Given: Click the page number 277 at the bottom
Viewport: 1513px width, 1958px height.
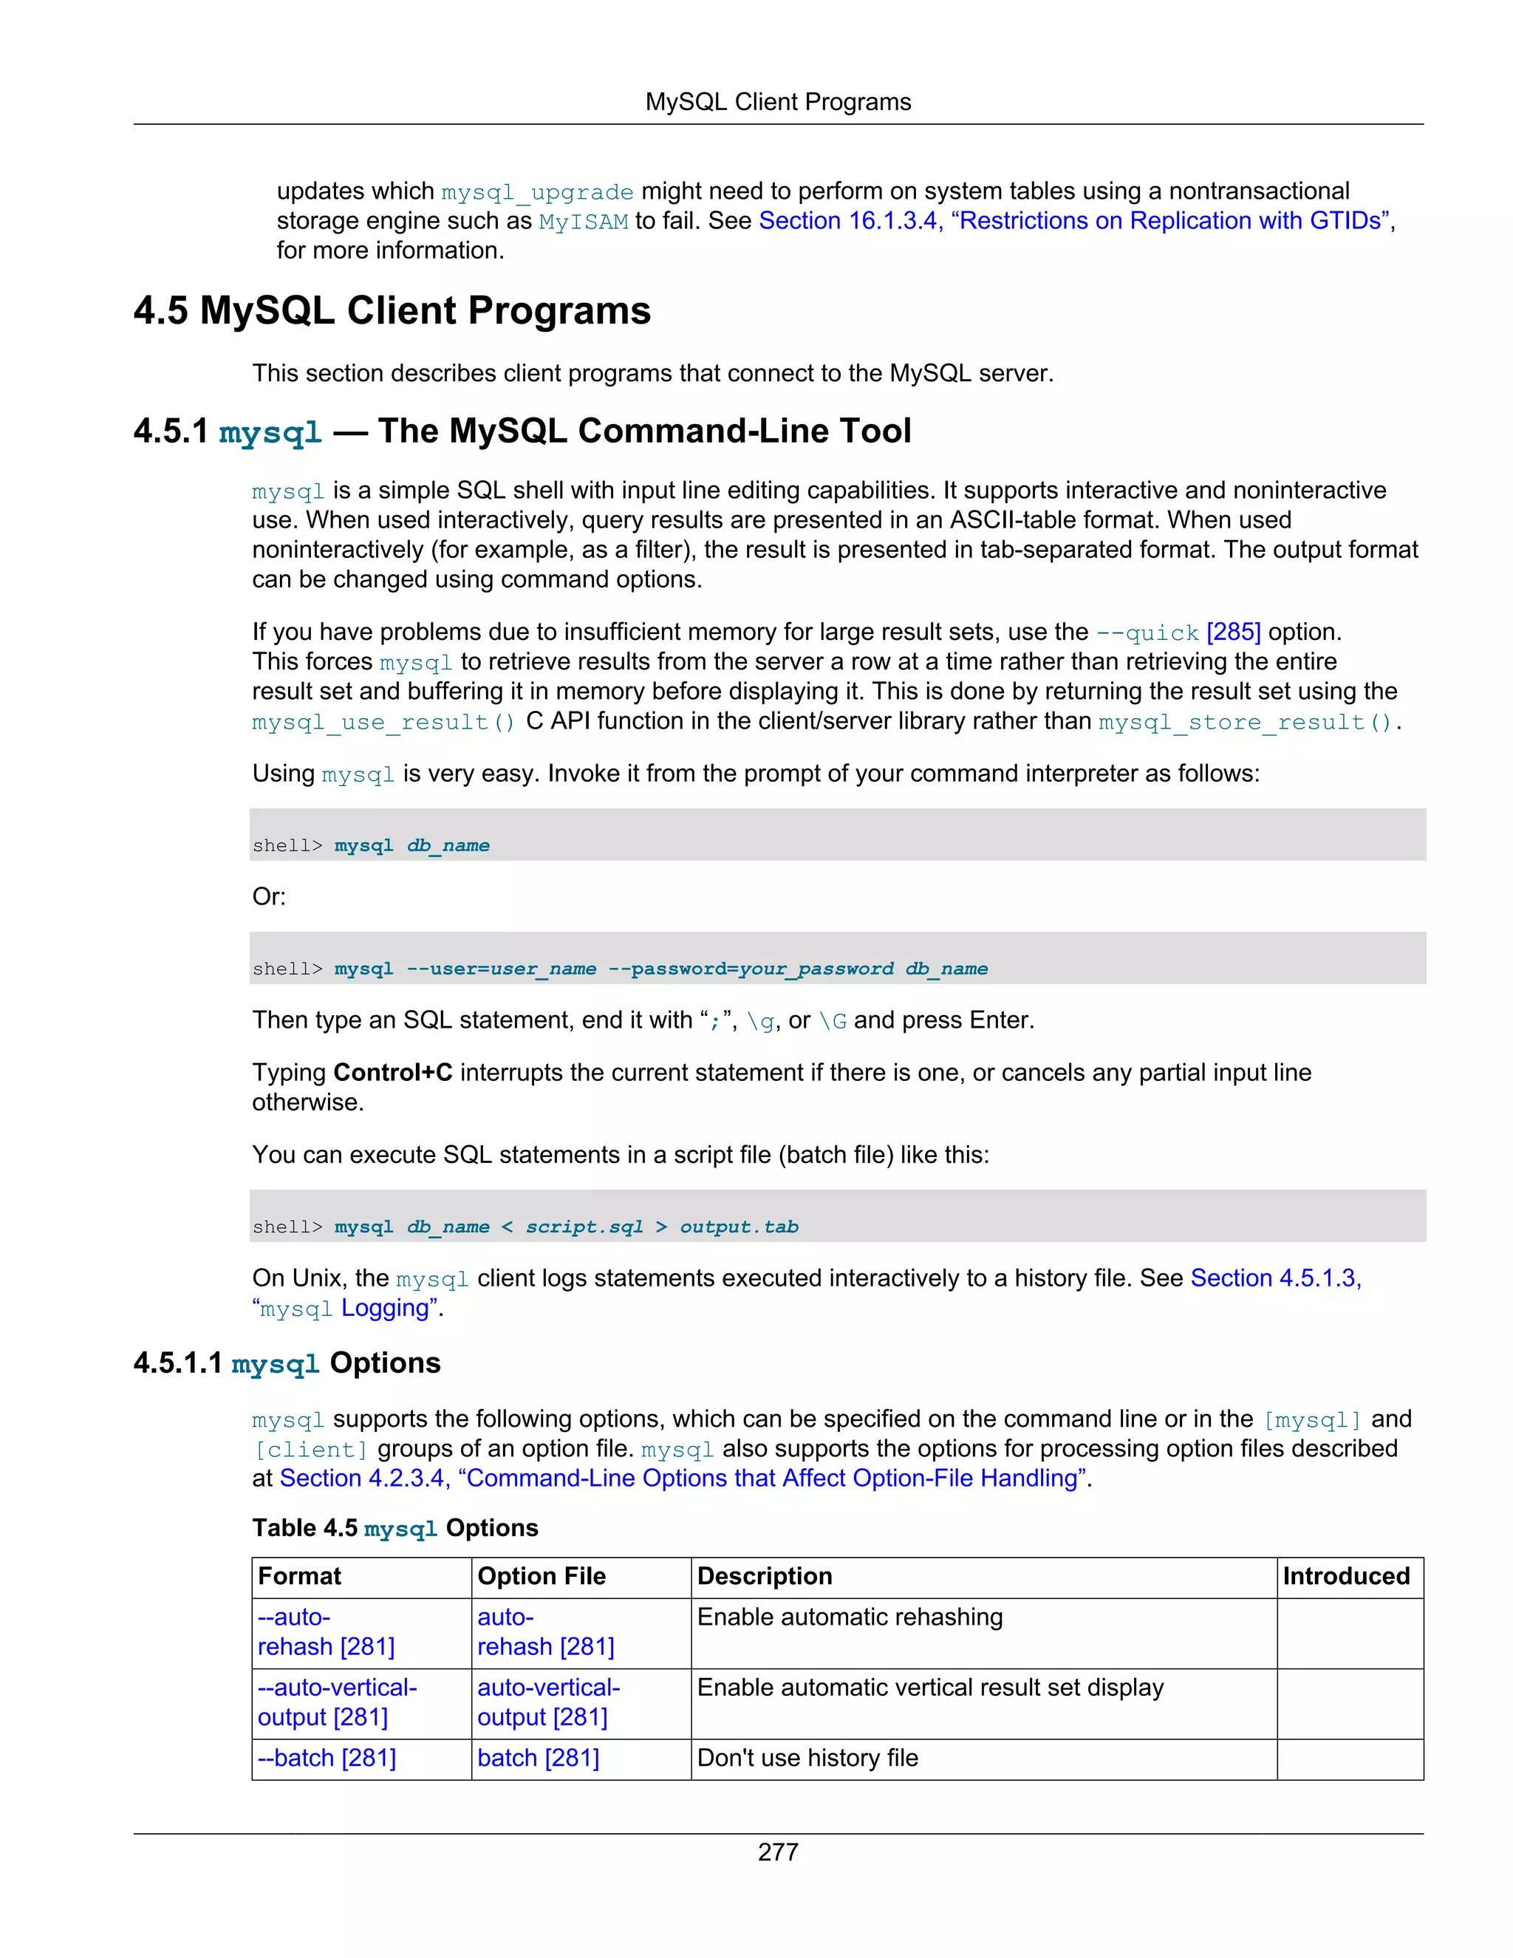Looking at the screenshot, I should [777, 1852].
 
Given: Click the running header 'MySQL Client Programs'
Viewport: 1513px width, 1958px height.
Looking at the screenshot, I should [777, 102].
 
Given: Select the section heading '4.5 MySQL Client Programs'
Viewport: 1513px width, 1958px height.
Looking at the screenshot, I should [392, 311].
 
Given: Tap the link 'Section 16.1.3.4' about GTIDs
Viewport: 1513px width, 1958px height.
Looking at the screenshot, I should [849, 220].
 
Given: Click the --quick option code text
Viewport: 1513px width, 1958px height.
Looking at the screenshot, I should [1147, 633].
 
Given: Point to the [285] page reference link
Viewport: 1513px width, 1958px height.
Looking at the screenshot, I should [1233, 632].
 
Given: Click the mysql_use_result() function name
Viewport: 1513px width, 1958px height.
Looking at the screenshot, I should [383, 722].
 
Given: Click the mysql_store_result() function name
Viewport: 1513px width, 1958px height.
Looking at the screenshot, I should [1245, 722].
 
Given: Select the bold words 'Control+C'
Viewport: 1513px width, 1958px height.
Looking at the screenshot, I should [392, 1072].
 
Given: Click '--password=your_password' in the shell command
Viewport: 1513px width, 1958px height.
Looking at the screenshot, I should [751, 968].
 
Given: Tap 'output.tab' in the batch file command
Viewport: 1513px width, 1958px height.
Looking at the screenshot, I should [739, 1227].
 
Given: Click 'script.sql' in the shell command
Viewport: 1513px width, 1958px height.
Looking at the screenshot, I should [584, 1227].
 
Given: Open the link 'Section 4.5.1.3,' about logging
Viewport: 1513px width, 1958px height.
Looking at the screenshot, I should [1275, 1278].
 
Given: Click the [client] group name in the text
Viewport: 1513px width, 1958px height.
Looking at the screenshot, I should [311, 1450].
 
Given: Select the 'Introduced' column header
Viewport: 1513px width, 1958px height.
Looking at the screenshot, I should [1345, 1576].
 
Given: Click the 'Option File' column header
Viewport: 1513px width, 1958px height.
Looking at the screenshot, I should [542, 1576].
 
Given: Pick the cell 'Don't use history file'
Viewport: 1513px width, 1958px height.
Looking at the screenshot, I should [807, 1758].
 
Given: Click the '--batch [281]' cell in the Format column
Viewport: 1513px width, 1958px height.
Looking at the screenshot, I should [327, 1758].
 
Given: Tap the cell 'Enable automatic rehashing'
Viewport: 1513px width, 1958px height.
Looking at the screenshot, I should [850, 1617].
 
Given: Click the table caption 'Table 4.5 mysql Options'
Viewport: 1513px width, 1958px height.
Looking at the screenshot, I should [395, 1528].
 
